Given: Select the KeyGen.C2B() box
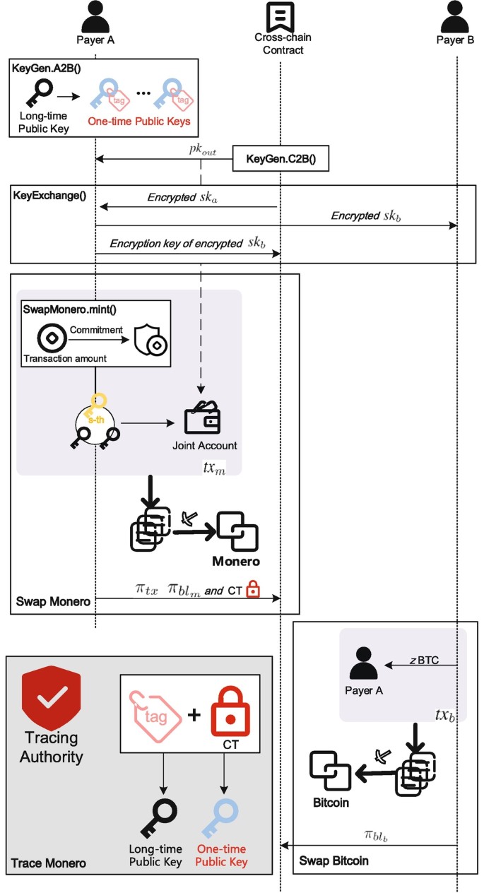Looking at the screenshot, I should [281, 159].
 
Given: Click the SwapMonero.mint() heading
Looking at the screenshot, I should [63, 309].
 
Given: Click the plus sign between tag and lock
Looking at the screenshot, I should [191, 715].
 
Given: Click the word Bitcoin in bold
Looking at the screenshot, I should [332, 803].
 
